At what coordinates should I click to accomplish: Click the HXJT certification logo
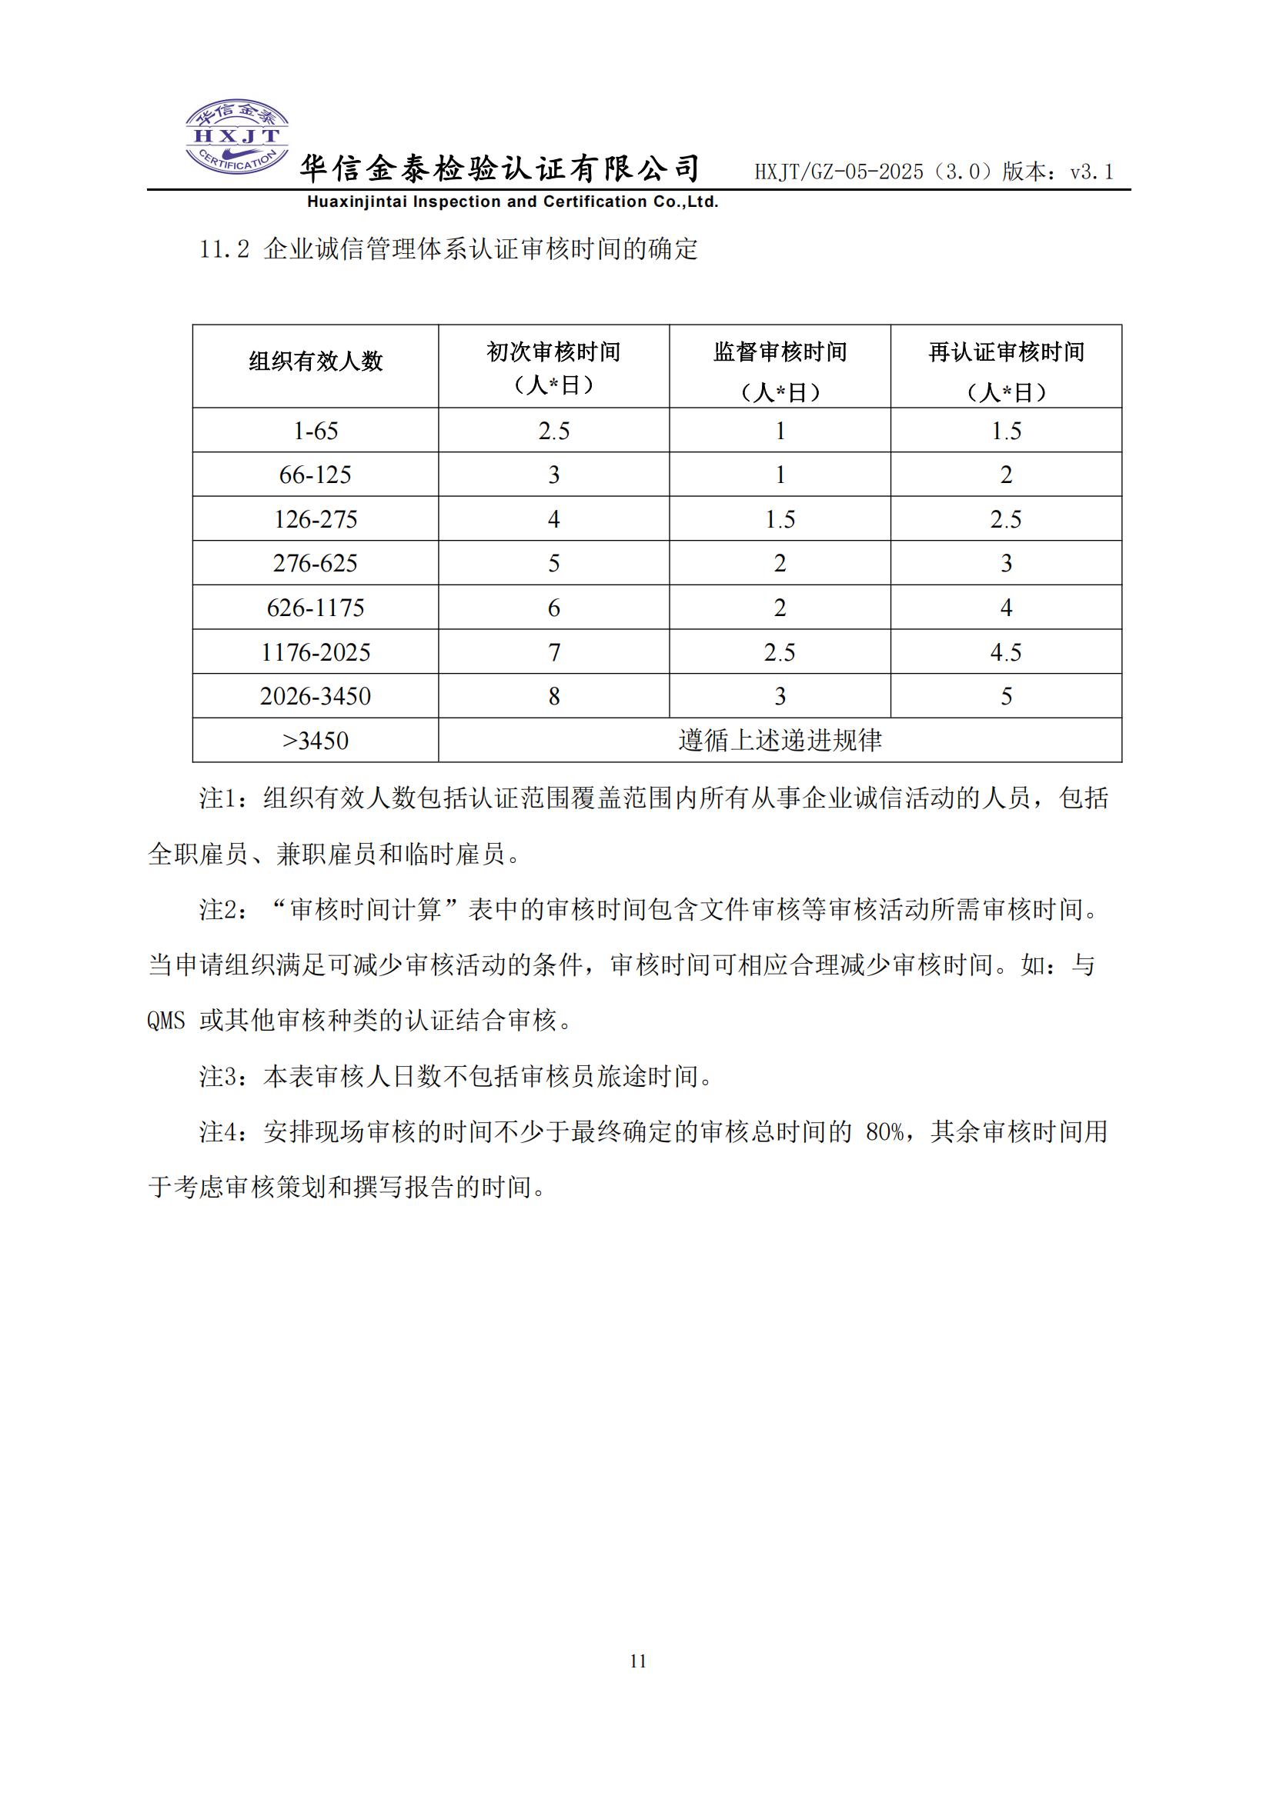click(237, 136)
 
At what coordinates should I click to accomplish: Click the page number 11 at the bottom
click(638, 1661)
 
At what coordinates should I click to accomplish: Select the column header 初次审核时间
click(553, 352)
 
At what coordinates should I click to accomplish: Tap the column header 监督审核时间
click(780, 352)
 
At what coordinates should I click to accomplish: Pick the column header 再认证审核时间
click(1007, 352)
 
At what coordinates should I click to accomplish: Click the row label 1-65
click(315, 431)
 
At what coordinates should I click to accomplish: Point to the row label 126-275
click(315, 519)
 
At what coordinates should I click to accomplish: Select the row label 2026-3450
click(315, 697)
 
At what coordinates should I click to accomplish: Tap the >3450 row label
click(315, 741)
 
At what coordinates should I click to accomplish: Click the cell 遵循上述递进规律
click(780, 741)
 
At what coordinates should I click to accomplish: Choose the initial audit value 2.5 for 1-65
click(553, 431)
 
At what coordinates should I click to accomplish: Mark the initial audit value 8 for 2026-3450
click(553, 697)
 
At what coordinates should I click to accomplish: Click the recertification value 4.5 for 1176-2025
click(1007, 652)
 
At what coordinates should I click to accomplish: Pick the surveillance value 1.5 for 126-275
click(780, 519)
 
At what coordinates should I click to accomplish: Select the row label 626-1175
click(315, 608)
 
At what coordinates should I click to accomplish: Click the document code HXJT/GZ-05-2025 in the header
click(839, 172)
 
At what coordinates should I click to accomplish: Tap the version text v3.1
click(1091, 172)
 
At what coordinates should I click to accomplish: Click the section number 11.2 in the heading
click(224, 250)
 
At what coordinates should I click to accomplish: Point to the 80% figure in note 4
click(885, 1132)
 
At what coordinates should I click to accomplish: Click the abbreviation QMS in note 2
click(166, 1021)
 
